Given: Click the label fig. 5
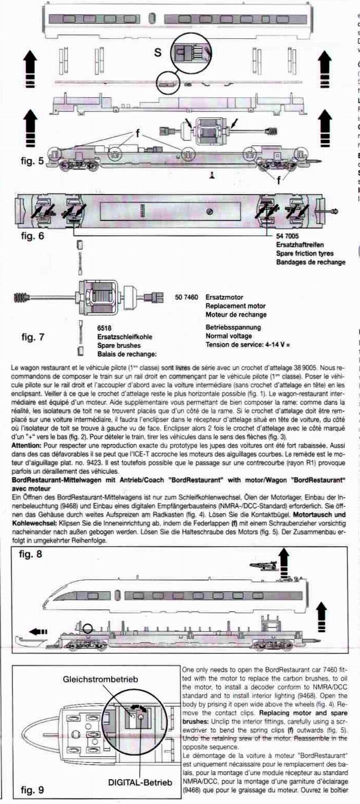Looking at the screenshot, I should (32, 161).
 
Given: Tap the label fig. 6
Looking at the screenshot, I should (32, 235).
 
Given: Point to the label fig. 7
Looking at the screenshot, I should (33, 337).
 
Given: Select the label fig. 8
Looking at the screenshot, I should (31, 554).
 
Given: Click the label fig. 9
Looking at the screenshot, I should (32, 789).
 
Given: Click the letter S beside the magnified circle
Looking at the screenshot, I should (157, 52).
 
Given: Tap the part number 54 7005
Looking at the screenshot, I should (288, 236).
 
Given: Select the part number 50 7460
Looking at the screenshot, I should (186, 297).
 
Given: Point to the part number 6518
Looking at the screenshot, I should (104, 328).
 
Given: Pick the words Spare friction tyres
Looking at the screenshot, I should (305, 253).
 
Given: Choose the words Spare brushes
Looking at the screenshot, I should (119, 345).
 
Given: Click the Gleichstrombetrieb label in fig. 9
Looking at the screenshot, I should (100, 679).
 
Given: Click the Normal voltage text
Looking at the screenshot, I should (229, 336).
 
